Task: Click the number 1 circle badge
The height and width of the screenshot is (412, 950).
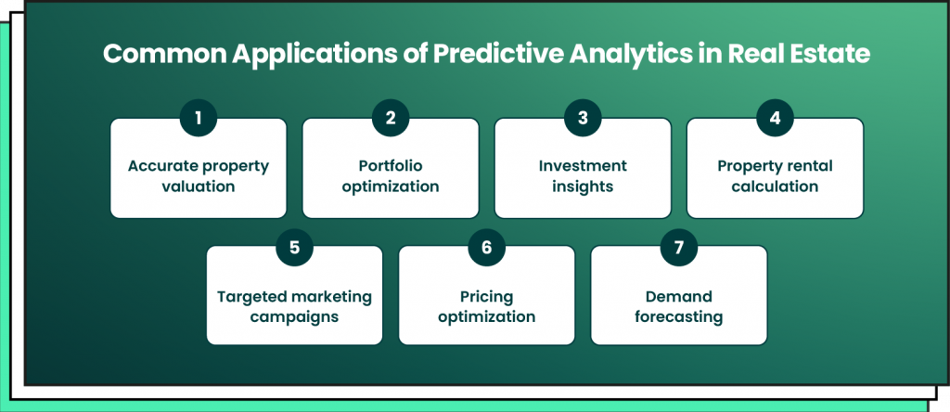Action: [x=199, y=118]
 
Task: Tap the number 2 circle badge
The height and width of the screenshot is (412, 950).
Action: [x=391, y=118]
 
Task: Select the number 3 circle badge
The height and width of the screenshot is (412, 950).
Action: [x=583, y=118]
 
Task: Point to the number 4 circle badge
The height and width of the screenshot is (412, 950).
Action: [x=775, y=118]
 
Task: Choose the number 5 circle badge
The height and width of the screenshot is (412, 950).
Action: [x=294, y=247]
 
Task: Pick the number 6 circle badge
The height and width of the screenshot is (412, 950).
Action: [x=486, y=247]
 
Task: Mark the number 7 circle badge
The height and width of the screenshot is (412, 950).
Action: [x=678, y=247]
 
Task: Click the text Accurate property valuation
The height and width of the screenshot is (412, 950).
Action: [x=199, y=175]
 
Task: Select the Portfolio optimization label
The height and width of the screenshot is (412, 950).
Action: [x=391, y=175]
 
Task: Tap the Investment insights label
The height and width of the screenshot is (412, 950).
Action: [x=583, y=175]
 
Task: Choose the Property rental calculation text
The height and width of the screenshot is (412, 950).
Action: [x=775, y=175]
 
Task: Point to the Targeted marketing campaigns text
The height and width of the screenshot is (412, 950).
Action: [x=294, y=306]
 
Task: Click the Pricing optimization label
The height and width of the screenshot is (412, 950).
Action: [x=486, y=306]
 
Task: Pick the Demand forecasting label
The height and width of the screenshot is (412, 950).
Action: [x=678, y=306]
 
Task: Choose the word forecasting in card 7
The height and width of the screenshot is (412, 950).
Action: [x=678, y=316]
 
